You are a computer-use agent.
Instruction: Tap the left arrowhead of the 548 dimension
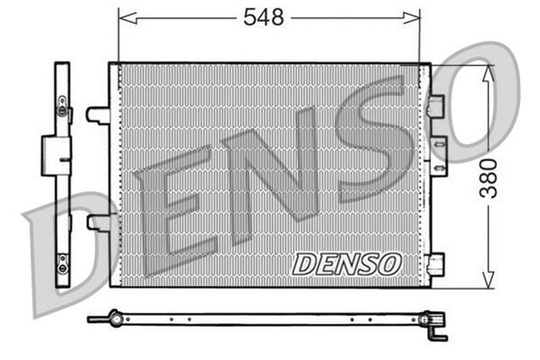[x=123, y=16]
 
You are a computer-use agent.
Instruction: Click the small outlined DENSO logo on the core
[x=346, y=263]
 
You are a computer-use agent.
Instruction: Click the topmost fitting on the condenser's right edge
[x=435, y=105]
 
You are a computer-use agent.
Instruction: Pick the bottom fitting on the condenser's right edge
[x=435, y=263]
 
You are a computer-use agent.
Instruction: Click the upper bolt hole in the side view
[x=62, y=107]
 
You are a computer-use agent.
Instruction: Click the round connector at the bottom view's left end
[x=115, y=319]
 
